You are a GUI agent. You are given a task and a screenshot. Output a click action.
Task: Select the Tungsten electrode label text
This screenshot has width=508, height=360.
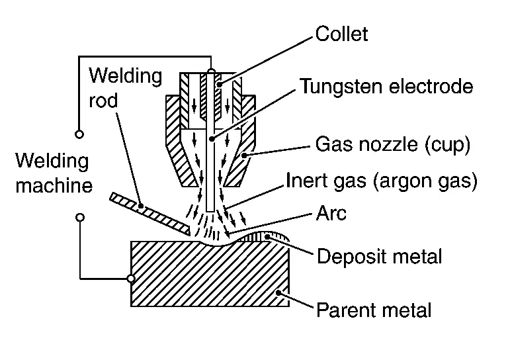[387, 86]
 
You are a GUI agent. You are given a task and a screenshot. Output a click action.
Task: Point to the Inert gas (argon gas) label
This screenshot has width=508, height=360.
[382, 181]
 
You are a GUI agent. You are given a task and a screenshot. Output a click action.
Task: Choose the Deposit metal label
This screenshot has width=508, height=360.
[380, 255]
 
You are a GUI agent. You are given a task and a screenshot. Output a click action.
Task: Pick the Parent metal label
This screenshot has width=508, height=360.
[374, 309]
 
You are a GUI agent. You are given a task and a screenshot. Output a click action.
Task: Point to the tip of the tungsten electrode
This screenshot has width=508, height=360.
[210, 210]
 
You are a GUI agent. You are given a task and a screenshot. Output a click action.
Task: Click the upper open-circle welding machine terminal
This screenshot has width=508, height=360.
[79, 134]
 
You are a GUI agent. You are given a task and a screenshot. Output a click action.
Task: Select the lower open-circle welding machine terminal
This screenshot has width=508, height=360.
[79, 217]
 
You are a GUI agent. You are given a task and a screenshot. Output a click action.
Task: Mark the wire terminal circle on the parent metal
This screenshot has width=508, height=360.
[131, 279]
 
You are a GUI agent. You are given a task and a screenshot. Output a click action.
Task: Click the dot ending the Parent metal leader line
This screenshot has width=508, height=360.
[280, 291]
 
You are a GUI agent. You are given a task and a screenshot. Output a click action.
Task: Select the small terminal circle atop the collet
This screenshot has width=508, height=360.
[211, 71]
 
